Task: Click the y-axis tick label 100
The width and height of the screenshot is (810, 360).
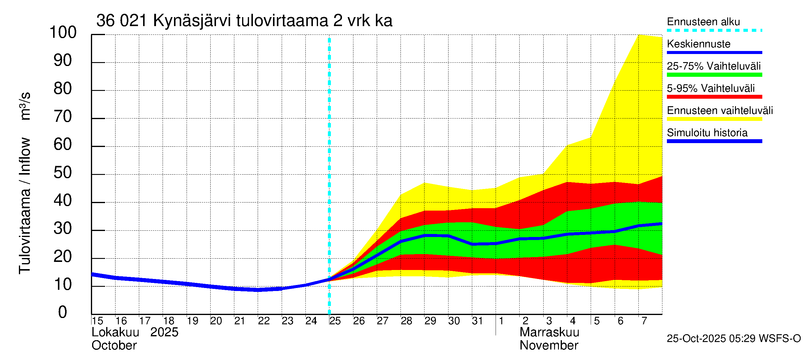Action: pyautogui.click(x=63, y=32)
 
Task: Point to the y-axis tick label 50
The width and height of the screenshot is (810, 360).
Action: pyautogui.click(x=63, y=172)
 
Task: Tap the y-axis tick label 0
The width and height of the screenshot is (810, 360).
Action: pyautogui.click(x=63, y=312)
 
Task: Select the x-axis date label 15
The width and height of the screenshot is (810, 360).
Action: pyautogui.click(x=97, y=321)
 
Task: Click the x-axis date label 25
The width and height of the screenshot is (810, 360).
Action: pyautogui.click(x=335, y=321)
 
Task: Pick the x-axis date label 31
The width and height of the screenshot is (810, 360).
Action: pyautogui.click(x=477, y=321)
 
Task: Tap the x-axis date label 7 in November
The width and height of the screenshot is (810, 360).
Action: pyautogui.click(x=644, y=321)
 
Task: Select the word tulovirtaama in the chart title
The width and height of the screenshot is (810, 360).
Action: pyautogui.click(x=282, y=21)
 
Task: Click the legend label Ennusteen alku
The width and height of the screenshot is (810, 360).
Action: pyautogui.click(x=703, y=22)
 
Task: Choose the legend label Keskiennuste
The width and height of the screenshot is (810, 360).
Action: pyautogui.click(x=698, y=44)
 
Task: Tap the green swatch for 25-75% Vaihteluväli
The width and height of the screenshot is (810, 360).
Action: pyautogui.click(x=714, y=75)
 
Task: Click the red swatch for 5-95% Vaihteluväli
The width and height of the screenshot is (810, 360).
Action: pyautogui.click(x=714, y=97)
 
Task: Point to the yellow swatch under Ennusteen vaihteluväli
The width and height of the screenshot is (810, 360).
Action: pyautogui.click(x=714, y=119)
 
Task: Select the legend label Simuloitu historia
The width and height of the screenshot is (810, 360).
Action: pyautogui.click(x=707, y=133)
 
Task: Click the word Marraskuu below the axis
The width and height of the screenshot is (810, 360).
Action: pyautogui.click(x=549, y=332)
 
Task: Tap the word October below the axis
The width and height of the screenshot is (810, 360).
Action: pyautogui.click(x=114, y=345)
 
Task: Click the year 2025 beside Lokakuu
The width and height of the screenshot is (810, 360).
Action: pyautogui.click(x=164, y=332)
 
